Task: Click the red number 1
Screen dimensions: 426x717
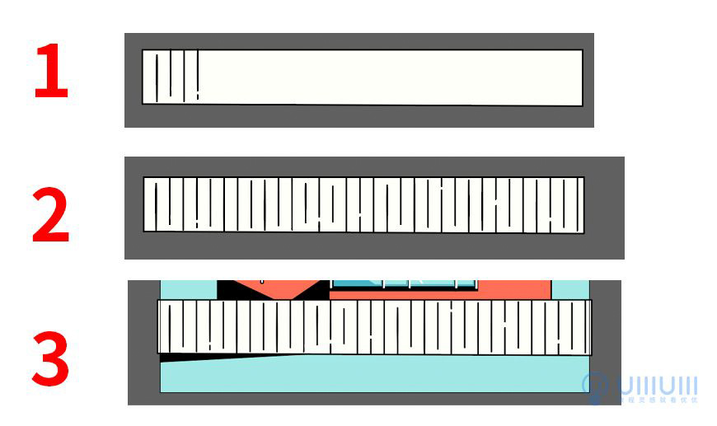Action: (50, 73)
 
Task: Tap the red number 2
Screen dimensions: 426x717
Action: (50, 216)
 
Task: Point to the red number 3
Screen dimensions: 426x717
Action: (50, 359)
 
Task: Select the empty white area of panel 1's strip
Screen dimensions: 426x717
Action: (387, 77)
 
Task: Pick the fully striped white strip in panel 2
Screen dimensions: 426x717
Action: (363, 204)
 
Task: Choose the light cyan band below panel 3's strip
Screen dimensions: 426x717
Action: (371, 375)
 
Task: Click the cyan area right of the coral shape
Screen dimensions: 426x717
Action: (569, 289)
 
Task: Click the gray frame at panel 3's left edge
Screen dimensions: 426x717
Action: (143, 346)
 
